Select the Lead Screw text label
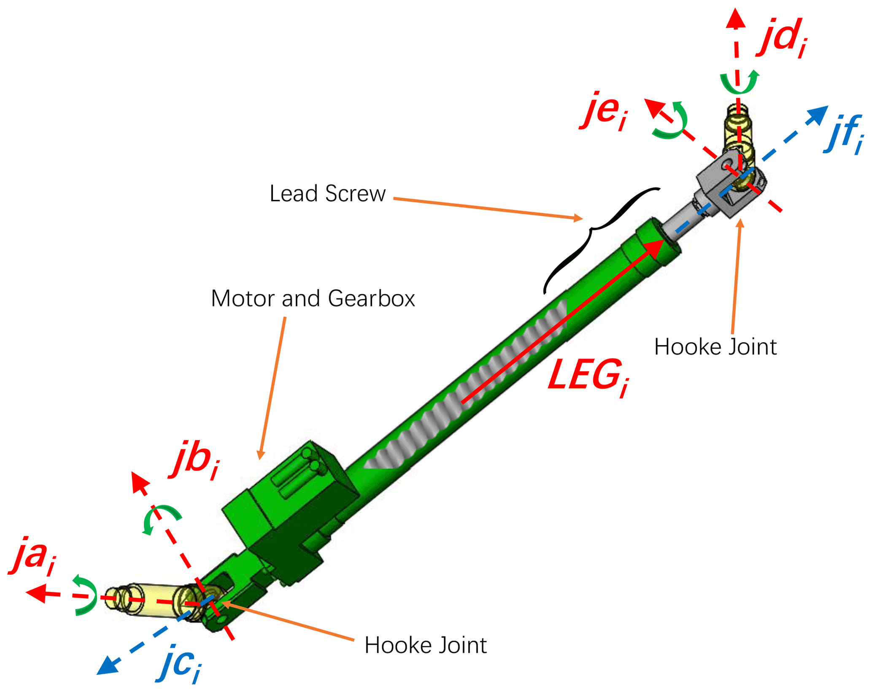click(327, 194)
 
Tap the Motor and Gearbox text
click(313, 299)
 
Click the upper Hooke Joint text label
click(715, 347)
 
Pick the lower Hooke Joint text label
click(425, 645)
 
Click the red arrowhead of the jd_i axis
click(736, 19)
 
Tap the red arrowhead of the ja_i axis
click(36, 593)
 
